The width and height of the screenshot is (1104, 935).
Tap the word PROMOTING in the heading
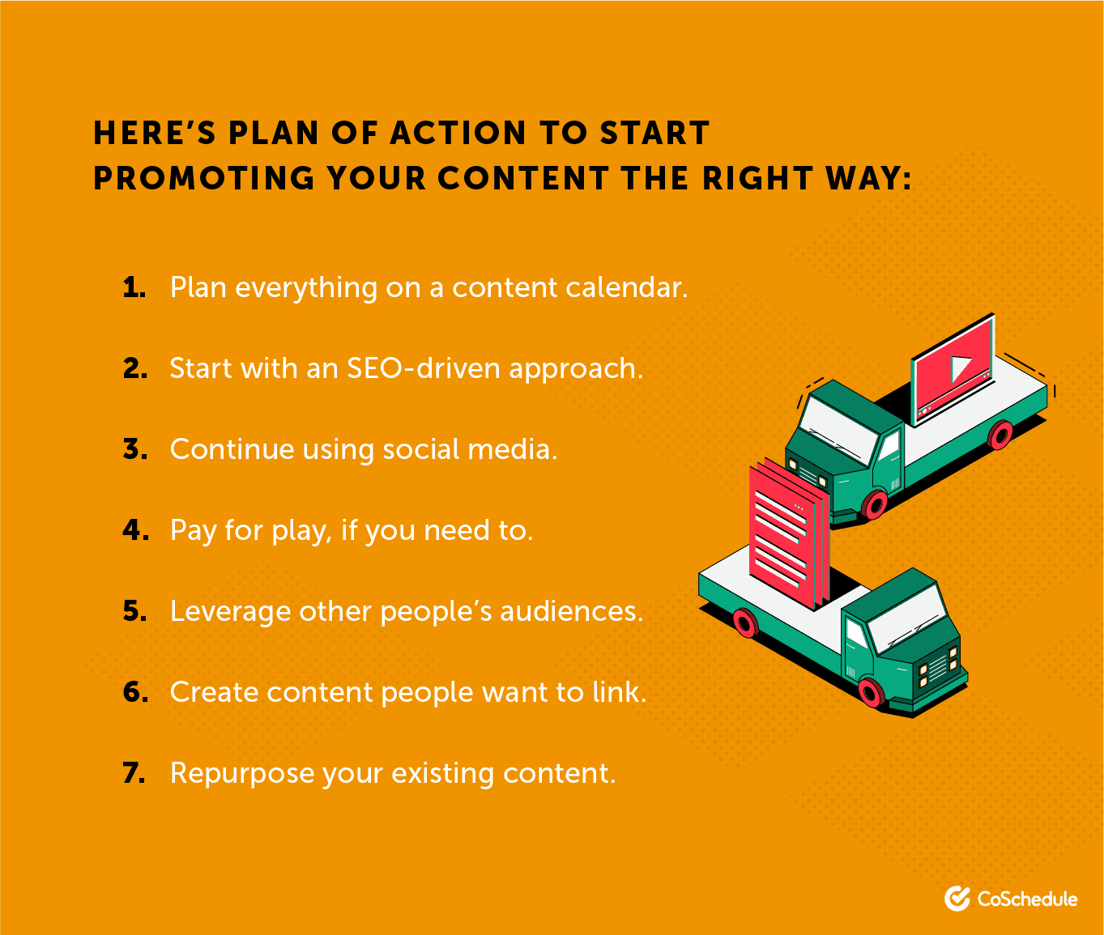click(x=204, y=179)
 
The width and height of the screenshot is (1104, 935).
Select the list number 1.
click(x=134, y=287)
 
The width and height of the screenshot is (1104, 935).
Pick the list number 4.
click(x=135, y=530)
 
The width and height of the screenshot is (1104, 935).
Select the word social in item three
click(x=421, y=449)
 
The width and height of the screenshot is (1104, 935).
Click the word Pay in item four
click(x=194, y=530)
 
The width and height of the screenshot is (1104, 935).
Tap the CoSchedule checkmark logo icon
click(x=957, y=899)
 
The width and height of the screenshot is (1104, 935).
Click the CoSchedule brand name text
click(x=1027, y=899)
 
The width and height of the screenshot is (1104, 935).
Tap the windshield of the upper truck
click(x=838, y=429)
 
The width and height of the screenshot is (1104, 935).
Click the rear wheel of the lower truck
click(x=744, y=623)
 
